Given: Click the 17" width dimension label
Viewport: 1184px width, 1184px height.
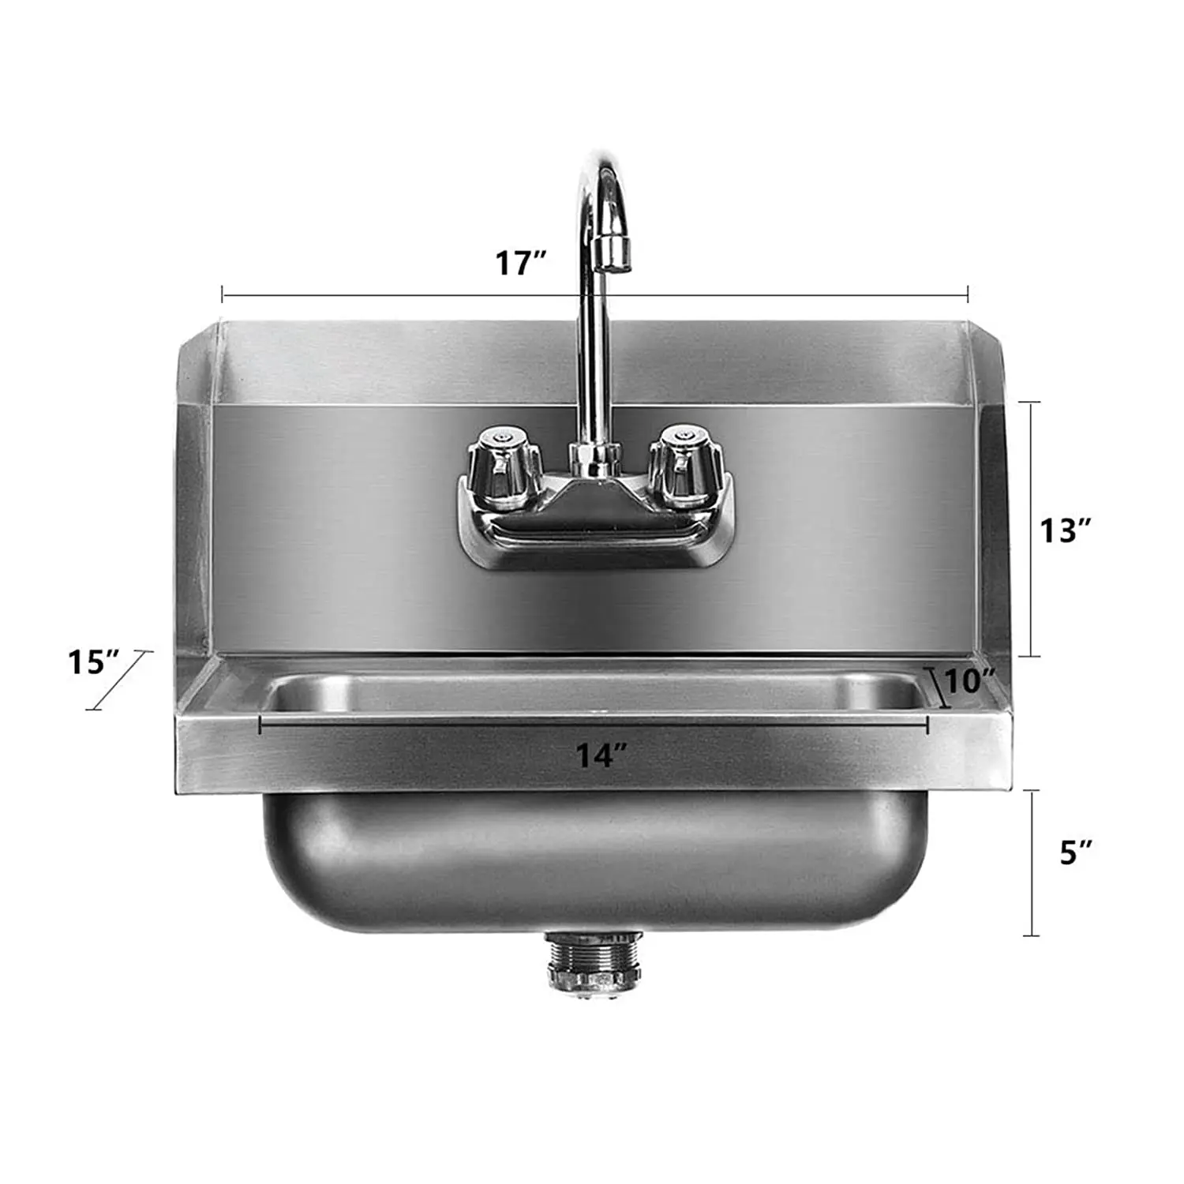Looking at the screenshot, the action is [x=520, y=263].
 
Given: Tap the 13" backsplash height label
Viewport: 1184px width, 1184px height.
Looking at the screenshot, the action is [x=1065, y=530].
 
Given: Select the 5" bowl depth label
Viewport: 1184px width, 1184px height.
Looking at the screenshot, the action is [x=1075, y=852].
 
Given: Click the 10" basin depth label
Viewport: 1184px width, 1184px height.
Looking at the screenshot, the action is [x=969, y=681].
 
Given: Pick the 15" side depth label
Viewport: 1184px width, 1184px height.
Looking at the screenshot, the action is [x=93, y=661].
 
